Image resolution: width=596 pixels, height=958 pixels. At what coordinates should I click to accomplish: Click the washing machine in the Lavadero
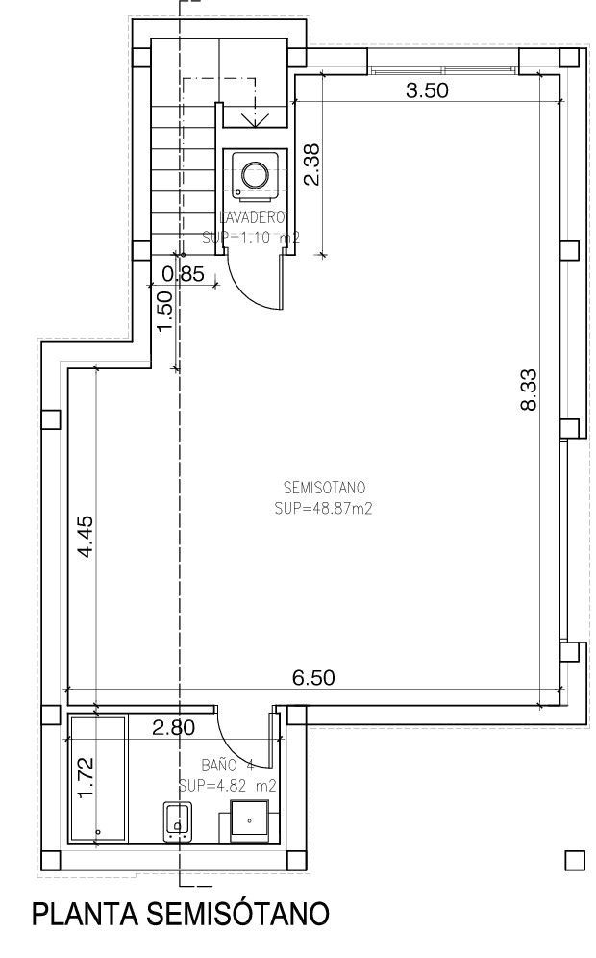(x=255, y=174)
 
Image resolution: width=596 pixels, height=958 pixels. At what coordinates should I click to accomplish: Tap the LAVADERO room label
(x=254, y=216)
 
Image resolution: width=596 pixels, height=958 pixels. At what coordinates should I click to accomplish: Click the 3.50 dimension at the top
(x=428, y=91)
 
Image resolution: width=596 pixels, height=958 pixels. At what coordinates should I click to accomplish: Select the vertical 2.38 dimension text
(x=310, y=165)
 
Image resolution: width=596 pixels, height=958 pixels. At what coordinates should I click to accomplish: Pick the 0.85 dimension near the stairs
(x=183, y=273)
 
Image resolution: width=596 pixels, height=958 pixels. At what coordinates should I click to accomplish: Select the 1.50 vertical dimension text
(x=164, y=312)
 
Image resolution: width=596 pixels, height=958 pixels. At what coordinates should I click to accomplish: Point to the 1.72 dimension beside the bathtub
(x=86, y=778)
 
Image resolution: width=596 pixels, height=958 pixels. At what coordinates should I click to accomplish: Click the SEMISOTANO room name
(x=312, y=487)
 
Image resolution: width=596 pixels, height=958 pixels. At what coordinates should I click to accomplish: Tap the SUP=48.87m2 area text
(x=322, y=509)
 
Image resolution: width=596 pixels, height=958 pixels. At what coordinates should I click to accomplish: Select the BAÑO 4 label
(x=227, y=766)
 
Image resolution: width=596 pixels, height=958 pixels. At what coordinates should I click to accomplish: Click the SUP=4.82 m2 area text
(x=228, y=786)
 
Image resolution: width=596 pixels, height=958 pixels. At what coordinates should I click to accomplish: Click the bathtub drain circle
(x=97, y=830)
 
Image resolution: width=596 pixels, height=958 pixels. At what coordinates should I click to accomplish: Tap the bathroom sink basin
(x=248, y=822)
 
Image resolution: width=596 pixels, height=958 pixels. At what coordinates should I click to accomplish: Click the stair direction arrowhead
(x=256, y=119)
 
